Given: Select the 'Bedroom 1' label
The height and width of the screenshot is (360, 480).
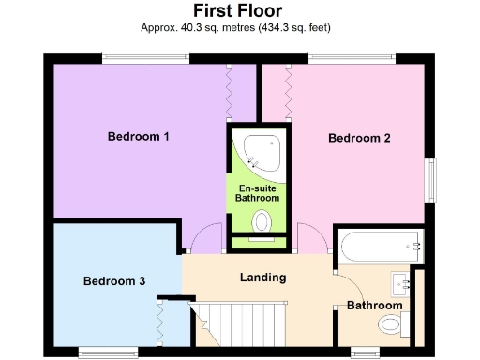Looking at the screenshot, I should [138, 137].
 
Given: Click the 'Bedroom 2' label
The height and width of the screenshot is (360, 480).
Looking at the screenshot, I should [359, 139].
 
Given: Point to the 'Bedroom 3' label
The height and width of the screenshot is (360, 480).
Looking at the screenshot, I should [114, 281].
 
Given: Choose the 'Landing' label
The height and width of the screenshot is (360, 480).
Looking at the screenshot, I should [262, 277].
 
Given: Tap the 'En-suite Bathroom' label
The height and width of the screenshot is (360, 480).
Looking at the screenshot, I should [257, 193].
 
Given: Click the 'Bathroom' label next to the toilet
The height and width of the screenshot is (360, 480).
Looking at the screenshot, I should [374, 306].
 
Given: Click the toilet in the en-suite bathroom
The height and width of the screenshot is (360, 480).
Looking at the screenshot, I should [262, 221].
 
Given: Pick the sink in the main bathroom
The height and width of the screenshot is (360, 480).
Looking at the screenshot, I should [404, 281].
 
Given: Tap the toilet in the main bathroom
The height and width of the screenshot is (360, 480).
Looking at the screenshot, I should [391, 324].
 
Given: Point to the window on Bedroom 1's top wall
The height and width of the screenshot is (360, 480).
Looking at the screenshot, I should [145, 58].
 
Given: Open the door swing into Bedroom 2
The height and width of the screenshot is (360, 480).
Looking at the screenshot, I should [310, 240].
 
